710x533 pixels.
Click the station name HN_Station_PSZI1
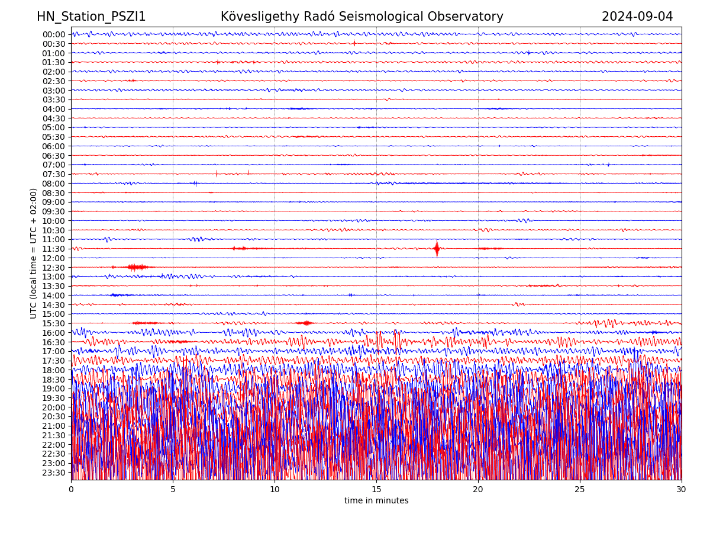91,17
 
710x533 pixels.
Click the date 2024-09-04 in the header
637,17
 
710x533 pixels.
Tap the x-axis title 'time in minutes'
376,501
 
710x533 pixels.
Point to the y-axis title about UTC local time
34,253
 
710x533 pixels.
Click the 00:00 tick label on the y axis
54,34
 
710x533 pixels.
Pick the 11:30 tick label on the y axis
54,249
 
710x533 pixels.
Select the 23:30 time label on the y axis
54,473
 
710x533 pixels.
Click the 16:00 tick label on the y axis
54,333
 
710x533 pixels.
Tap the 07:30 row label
54,174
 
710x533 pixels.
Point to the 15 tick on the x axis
376,489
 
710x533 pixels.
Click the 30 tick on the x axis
682,489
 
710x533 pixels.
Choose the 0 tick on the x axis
71,489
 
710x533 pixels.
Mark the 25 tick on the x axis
580,489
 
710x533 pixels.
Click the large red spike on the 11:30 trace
437,249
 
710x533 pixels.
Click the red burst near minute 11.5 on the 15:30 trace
306,323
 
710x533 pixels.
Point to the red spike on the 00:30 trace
354,43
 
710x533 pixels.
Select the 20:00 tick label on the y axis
54,407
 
